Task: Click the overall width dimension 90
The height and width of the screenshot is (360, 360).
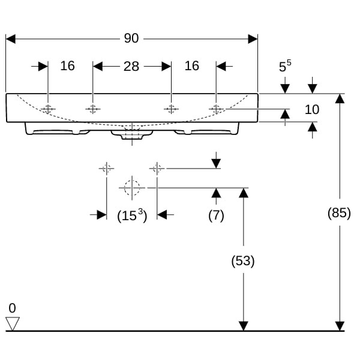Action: click(131, 38)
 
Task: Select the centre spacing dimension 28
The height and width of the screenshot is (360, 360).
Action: click(131, 66)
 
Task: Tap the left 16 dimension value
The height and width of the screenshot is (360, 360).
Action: click(68, 66)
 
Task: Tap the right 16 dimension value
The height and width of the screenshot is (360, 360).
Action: click(191, 66)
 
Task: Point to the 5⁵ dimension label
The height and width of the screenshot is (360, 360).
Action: click(286, 67)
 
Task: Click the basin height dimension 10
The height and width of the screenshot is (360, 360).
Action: click(312, 109)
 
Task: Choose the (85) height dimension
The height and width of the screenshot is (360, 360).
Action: click(340, 213)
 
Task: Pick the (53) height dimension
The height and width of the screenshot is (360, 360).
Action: click(243, 261)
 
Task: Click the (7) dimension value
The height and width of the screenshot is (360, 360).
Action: click(216, 215)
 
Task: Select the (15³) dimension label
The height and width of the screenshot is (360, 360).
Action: click(131, 215)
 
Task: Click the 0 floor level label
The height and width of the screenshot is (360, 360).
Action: click(13, 308)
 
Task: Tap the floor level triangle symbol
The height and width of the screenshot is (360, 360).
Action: click(13, 324)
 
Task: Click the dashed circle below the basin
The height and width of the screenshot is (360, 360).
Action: click(131, 188)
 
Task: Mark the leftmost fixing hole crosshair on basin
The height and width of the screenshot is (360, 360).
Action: click(48, 109)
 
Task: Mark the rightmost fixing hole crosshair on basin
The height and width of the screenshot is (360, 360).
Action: click(216, 109)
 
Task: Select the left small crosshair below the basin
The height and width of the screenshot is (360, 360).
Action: click(106, 169)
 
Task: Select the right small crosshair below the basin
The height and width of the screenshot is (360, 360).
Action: click(157, 169)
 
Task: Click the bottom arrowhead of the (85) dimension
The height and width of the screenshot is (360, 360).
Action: click(340, 326)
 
